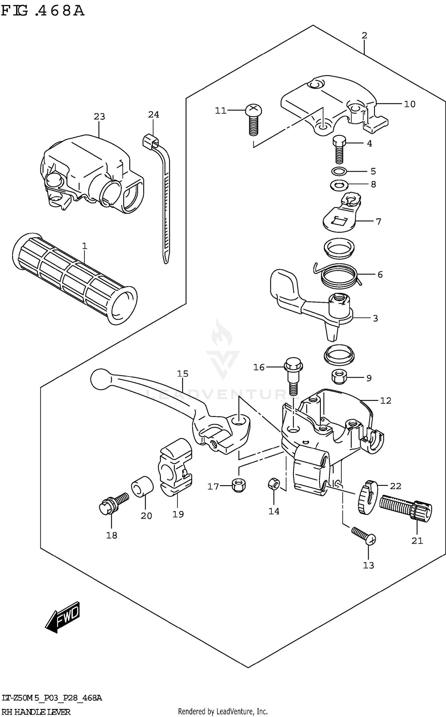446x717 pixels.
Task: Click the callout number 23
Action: pos(99,117)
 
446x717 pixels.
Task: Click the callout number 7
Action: pos(378,221)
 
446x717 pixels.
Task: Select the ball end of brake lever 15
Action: pos(100,379)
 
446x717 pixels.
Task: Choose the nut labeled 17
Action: pos(239,486)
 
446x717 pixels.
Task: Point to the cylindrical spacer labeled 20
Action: pos(142,486)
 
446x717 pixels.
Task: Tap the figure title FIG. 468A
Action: pos(43,11)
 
